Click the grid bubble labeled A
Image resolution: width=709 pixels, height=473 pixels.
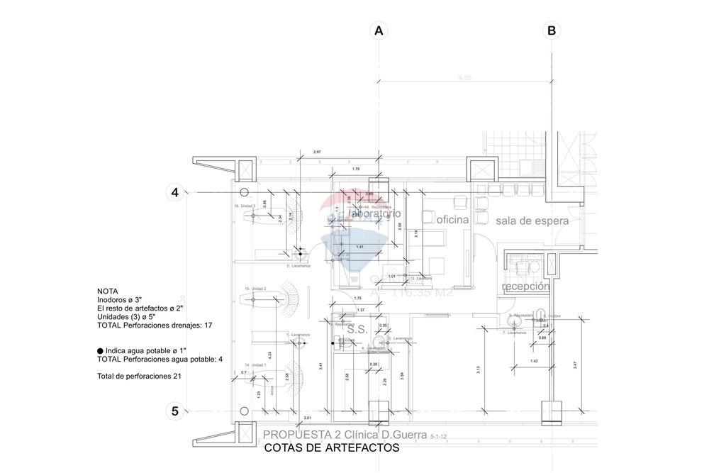(x=379, y=30)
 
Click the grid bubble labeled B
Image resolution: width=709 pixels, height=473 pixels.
(x=551, y=30)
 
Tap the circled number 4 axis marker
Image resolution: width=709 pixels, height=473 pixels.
(x=174, y=192)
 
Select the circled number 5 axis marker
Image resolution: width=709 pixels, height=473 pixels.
(x=174, y=411)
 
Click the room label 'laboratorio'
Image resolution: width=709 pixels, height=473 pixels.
(x=376, y=213)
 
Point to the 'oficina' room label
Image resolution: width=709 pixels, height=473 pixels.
(x=453, y=221)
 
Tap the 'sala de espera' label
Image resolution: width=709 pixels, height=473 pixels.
(x=532, y=221)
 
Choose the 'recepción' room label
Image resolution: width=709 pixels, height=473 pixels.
(x=525, y=286)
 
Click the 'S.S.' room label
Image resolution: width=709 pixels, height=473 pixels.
(x=355, y=329)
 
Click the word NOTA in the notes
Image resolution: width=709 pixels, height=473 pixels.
(x=108, y=291)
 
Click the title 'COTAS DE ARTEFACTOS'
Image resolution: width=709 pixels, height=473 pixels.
(x=331, y=448)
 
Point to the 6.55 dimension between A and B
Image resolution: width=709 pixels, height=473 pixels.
(x=465, y=77)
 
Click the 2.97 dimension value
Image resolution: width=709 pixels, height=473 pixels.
(x=317, y=152)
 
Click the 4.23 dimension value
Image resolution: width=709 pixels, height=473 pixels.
(x=269, y=353)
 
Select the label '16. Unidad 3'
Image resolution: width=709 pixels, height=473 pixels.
(x=245, y=206)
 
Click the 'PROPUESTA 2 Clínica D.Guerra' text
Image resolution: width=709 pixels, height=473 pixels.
(x=345, y=434)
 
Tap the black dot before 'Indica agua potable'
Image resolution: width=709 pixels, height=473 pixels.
(x=100, y=351)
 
